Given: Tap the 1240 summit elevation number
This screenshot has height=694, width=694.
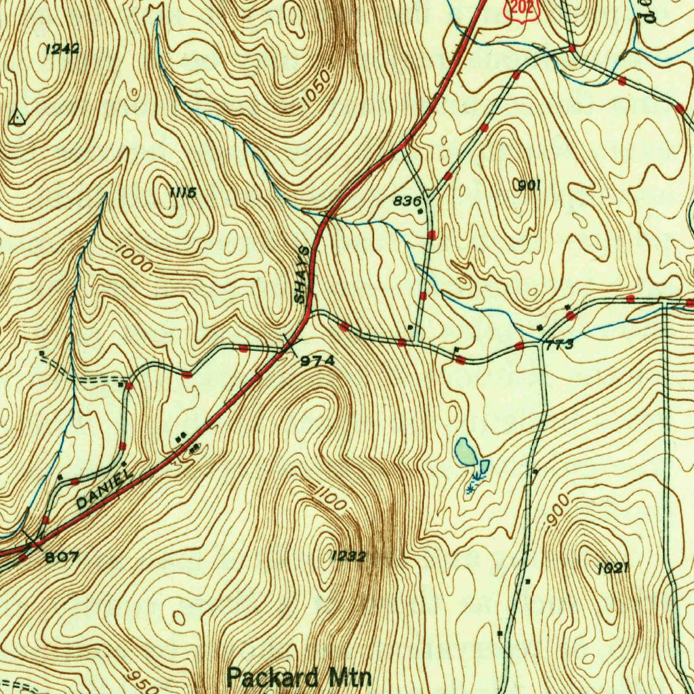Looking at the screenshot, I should click(62, 49).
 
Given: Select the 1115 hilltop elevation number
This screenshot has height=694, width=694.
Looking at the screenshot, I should click(183, 193).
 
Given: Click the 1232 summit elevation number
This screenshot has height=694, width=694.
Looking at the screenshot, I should click(348, 556).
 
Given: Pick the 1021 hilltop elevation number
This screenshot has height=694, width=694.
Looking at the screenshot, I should click(613, 568).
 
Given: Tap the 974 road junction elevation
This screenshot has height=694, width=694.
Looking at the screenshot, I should click(318, 361).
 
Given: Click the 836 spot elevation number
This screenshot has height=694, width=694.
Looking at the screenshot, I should click(408, 201).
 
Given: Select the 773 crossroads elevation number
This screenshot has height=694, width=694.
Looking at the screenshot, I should click(560, 345).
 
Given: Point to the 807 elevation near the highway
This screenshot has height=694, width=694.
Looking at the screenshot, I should click(62, 557).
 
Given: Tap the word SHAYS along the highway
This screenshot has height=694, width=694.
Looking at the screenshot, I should click(303, 274).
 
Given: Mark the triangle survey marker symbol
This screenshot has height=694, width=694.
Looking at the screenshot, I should click(18, 119).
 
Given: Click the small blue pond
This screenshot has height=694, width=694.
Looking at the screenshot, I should click(465, 451).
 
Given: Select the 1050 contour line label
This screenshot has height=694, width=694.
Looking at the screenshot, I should click(316, 89).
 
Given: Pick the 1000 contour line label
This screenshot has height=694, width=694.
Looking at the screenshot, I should click(134, 260).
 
